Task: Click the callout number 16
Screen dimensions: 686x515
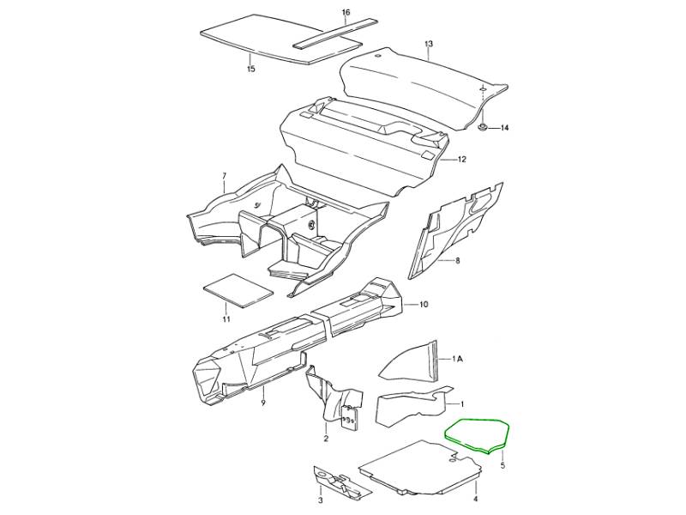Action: pos(346,12)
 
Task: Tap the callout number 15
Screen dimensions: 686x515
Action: pos(250,70)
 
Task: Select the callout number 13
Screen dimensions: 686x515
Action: pos(428,44)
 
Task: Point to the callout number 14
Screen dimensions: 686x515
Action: pos(505,128)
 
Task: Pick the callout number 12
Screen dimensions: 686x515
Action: pos(462,160)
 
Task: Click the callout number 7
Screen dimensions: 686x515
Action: pos(224,176)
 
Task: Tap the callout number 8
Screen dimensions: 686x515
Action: pos(458,261)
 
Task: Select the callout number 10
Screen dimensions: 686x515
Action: pos(424,305)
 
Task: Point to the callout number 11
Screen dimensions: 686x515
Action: pos(226,319)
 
